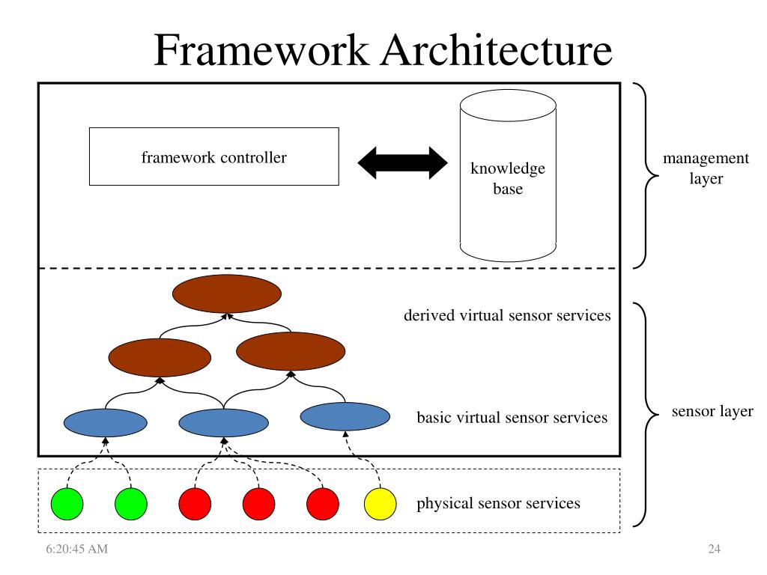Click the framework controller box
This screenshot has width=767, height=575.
213,156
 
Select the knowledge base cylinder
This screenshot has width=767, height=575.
508,175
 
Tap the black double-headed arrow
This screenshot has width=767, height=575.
402,162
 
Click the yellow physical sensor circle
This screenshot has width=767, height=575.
380,504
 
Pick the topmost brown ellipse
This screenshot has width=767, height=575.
227,293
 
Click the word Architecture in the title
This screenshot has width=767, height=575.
497,50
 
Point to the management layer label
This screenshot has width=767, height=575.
706,168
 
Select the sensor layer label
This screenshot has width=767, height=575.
712,411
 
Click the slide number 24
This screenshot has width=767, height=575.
714,549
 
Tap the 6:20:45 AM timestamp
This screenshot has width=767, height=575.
77,549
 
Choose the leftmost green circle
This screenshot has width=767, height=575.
67,504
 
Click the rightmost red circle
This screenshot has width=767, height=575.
323,504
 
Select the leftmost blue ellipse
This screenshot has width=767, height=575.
105,422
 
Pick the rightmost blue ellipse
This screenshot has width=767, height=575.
345,416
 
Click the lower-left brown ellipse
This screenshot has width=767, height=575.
160,357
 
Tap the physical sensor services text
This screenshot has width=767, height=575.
498,503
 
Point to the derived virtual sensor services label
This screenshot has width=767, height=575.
507,315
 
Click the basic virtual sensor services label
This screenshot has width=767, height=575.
512,418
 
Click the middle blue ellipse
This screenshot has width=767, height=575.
223,422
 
